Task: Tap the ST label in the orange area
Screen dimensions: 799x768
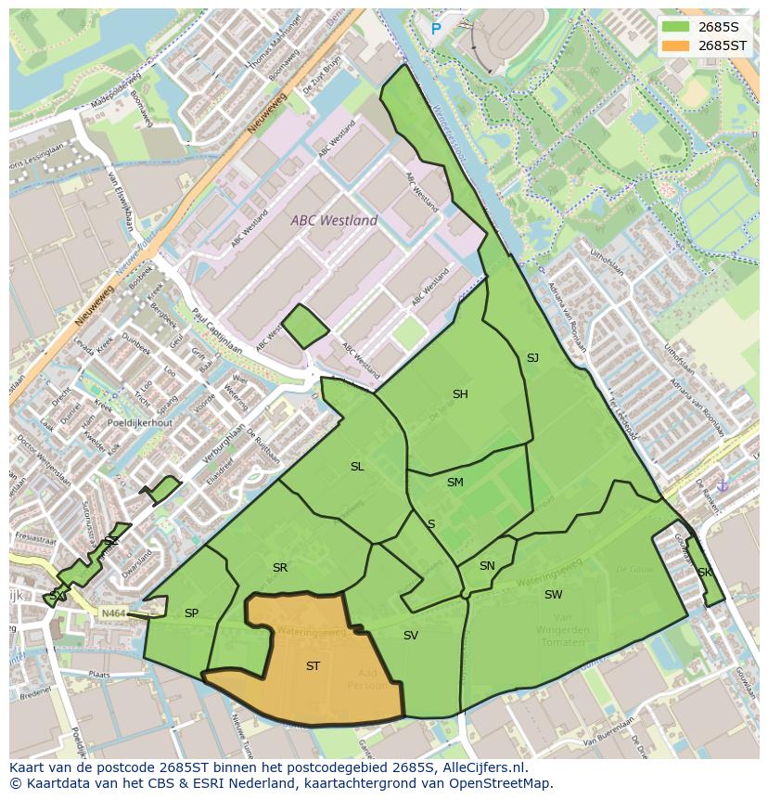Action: click(x=313, y=666)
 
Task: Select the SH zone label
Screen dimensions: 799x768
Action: click(x=460, y=394)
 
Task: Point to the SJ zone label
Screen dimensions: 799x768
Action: click(x=532, y=358)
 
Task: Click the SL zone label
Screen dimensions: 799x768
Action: click(x=357, y=467)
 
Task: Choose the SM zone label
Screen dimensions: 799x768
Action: click(x=454, y=483)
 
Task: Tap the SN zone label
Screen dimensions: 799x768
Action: click(x=487, y=566)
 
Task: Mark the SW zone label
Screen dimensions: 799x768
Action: click(x=553, y=595)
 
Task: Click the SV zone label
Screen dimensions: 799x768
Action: click(x=410, y=636)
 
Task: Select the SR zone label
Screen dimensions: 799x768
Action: click(x=280, y=568)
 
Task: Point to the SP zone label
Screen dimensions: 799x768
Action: click(x=191, y=613)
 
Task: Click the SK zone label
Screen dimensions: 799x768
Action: click(x=704, y=573)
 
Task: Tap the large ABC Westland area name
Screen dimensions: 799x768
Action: click(x=334, y=221)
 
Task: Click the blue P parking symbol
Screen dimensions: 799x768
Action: click(x=436, y=30)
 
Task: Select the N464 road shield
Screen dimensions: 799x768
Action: click(x=112, y=613)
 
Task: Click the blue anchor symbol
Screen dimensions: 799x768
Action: click(x=723, y=484)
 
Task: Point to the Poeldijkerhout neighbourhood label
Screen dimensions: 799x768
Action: click(x=139, y=422)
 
